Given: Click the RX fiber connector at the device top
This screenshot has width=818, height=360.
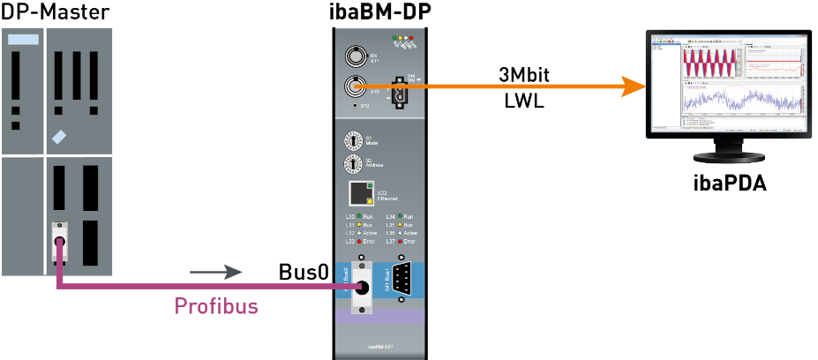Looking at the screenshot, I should click(356, 58).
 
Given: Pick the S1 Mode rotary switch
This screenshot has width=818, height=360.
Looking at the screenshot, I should click(354, 139).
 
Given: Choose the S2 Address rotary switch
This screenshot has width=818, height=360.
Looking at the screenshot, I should click(354, 164).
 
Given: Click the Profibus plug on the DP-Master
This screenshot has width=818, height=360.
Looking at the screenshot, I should click(59, 243).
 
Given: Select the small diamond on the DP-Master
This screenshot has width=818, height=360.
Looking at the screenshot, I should click(59, 137).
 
